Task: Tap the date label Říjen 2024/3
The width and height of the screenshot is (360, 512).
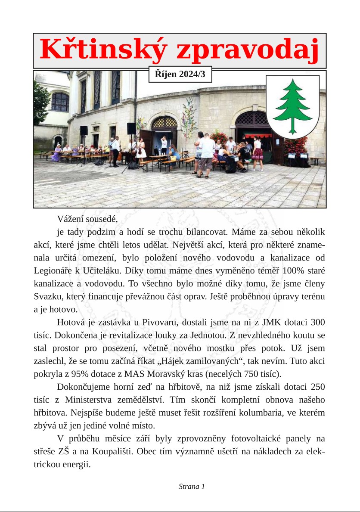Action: pos(180,74)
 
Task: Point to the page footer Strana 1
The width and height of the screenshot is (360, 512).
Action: pos(192,487)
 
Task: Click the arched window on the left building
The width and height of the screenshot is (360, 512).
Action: pos(60,102)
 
